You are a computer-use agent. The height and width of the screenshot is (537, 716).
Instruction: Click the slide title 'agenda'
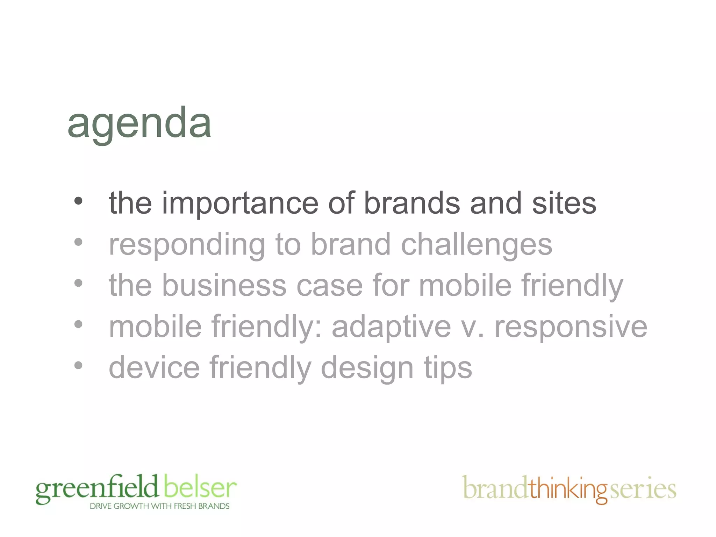(139, 123)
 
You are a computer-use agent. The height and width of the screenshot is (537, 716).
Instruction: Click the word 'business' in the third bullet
(224, 286)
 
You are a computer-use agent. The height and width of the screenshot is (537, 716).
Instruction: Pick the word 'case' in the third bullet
(329, 286)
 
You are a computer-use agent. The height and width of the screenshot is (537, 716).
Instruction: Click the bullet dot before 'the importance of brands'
(78, 201)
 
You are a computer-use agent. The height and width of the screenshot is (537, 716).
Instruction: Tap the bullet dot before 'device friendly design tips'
(78, 366)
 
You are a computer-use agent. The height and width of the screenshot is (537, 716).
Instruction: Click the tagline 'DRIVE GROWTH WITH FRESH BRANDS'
(159, 506)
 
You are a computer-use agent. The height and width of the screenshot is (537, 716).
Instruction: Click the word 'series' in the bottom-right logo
(643, 489)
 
